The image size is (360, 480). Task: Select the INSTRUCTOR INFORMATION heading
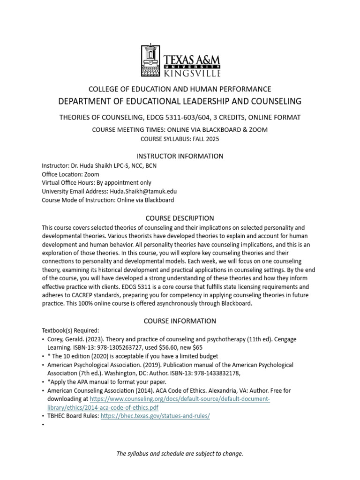[180, 156]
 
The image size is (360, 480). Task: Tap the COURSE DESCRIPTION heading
[180, 218]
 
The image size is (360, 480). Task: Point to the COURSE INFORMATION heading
[180, 321]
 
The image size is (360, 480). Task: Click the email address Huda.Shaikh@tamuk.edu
[143, 191]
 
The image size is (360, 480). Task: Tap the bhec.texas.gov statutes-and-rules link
[155, 416]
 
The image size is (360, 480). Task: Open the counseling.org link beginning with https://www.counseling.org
[180, 399]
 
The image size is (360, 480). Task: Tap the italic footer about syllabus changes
[180, 454]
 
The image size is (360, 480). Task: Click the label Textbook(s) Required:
[70, 330]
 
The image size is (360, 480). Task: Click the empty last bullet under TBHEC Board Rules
[43, 425]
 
